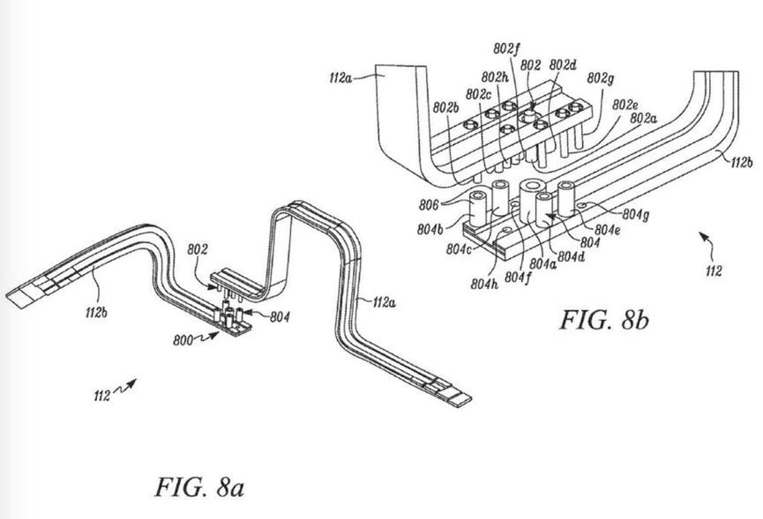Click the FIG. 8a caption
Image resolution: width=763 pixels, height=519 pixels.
pyautogui.click(x=199, y=487)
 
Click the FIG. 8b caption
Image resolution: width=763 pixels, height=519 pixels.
pyautogui.click(x=604, y=320)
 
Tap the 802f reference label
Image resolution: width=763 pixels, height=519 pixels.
pyautogui.click(x=506, y=48)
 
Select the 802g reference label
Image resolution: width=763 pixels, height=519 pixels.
pyautogui.click(x=600, y=78)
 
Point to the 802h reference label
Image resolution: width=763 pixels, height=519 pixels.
pyautogui.click(x=495, y=78)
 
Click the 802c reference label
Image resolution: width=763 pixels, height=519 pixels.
pyautogui.click(x=478, y=94)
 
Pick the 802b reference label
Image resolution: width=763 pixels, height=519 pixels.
pyautogui.click(x=445, y=108)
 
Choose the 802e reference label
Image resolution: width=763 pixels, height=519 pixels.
pyautogui.click(x=625, y=105)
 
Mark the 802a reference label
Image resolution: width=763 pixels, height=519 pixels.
pyautogui.click(x=643, y=118)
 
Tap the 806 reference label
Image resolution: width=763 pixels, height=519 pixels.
pyautogui.click(x=429, y=205)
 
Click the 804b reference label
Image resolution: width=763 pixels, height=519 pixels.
pyautogui.click(x=430, y=229)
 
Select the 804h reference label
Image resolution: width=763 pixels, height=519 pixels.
pyautogui.click(x=484, y=284)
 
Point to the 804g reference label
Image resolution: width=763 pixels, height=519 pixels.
pyautogui.click(x=635, y=214)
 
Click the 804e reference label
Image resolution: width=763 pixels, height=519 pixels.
pyautogui.click(x=607, y=230)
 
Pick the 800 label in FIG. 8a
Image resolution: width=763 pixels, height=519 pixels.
pyautogui.click(x=183, y=340)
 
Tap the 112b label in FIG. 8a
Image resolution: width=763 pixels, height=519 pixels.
pyautogui.click(x=96, y=313)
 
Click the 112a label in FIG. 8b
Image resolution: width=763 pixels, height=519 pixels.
pyautogui.click(x=340, y=78)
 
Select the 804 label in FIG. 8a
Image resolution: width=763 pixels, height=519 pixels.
pyautogui.click(x=280, y=317)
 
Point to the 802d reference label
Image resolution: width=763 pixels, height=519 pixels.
pyautogui.click(x=563, y=64)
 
